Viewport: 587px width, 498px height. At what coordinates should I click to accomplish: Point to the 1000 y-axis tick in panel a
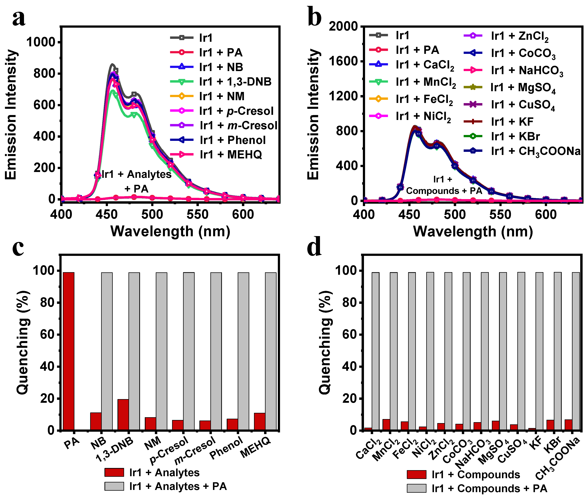(x=40, y=42)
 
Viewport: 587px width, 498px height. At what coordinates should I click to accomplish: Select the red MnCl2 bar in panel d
(x=386, y=425)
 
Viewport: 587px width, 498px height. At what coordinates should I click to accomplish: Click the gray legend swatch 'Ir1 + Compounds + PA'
(x=416, y=488)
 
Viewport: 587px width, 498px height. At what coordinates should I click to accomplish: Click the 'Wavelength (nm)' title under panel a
(x=170, y=232)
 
